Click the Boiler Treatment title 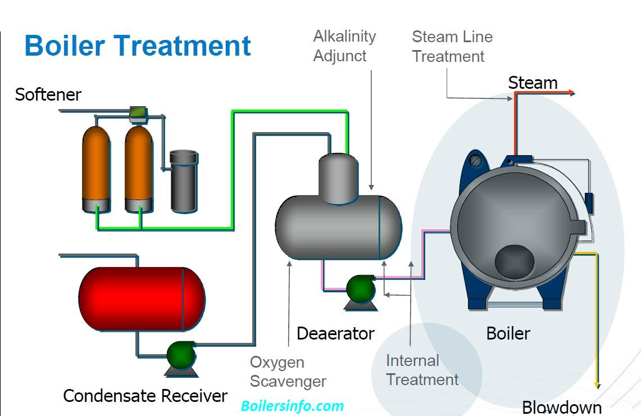pos(138,46)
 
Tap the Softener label pos(48,94)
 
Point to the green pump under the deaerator pos(360,289)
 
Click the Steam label pos(533,83)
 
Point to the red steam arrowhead pos(571,93)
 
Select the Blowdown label pos(562,407)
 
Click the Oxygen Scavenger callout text pos(288,372)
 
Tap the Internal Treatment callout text pos(422,370)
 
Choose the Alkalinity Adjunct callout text pos(344,46)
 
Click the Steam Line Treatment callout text pos(452,47)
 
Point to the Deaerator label pos(335,333)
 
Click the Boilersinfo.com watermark pos(292,406)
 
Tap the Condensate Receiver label pos(145,396)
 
